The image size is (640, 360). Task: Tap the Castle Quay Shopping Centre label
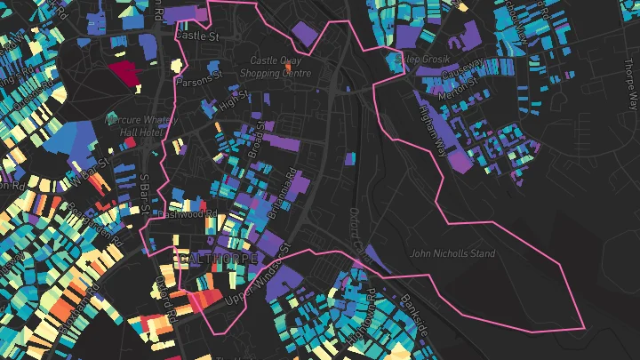[271, 67]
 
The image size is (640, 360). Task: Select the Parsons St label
[198, 79]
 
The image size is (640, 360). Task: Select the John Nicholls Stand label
[452, 253]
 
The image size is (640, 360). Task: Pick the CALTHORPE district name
[218, 259]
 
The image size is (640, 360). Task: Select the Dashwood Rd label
[187, 213]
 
